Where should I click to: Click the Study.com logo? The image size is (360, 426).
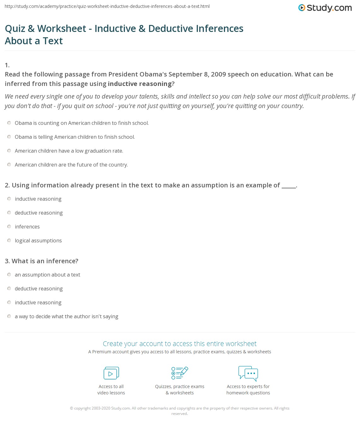[x=325, y=8]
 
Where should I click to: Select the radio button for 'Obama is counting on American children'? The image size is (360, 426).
[x=9, y=123]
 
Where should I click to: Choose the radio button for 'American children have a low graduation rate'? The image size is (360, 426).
[x=9, y=151]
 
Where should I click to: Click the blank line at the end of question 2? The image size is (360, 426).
[x=289, y=186]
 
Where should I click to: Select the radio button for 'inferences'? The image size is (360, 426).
[x=9, y=227]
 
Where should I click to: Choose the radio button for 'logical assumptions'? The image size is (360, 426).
[x=9, y=240]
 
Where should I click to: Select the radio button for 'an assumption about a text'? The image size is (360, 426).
[x=9, y=275]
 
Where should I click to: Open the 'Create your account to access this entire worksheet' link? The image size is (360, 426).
[x=180, y=344]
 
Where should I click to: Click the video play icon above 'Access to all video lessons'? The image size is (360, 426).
[x=111, y=373]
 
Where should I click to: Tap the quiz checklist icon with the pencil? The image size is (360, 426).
[x=180, y=373]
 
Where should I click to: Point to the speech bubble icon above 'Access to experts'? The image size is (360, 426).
[x=248, y=373]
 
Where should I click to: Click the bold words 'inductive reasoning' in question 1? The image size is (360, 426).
[x=140, y=84]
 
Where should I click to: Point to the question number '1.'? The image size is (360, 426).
[x=7, y=65]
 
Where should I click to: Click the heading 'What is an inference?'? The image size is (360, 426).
[x=45, y=261]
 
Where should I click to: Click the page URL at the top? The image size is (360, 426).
[x=107, y=6]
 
